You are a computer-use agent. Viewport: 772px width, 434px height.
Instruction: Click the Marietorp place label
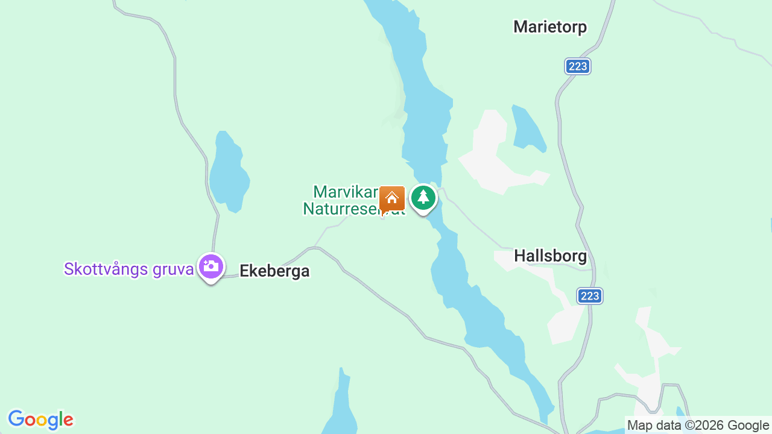550,27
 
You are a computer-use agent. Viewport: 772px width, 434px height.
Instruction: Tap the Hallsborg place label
550,256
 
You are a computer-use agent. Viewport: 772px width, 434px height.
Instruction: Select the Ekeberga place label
274,271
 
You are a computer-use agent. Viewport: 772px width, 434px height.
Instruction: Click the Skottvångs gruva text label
129,269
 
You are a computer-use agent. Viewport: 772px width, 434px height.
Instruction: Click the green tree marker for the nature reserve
423,198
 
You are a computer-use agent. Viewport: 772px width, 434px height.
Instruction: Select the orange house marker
392,198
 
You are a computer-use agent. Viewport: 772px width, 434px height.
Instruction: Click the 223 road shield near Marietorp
578,66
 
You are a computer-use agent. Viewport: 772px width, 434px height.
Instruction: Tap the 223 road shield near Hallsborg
590,296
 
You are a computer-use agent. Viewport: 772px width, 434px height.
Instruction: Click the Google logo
40,420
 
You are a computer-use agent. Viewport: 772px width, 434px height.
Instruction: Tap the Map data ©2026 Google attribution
698,426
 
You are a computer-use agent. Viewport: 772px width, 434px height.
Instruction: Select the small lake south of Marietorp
527,128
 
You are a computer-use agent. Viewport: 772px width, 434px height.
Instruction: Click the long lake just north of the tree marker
425,121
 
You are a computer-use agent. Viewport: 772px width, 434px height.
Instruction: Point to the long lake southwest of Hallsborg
482,313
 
